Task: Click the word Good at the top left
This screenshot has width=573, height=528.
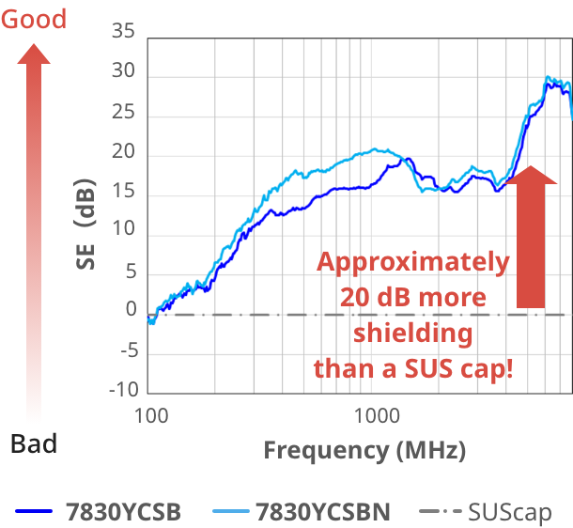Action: pos(34,19)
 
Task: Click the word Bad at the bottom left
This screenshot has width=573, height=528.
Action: pos(34,443)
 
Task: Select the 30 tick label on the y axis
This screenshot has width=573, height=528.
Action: pos(124,72)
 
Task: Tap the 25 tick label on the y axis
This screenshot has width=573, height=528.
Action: pos(124,113)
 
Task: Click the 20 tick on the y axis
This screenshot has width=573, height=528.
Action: pos(124,152)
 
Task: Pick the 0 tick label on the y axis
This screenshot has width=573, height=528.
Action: pos(131,311)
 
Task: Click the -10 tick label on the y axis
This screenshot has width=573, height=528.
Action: pos(122,390)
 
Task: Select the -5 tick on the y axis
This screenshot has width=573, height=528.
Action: pos(127,350)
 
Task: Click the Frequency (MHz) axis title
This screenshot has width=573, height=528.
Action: pos(364,450)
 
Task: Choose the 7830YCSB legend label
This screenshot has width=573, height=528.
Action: pos(123,512)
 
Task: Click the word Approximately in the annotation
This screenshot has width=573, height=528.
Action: pos(413,262)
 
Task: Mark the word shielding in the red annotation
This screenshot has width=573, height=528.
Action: pos(412,333)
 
